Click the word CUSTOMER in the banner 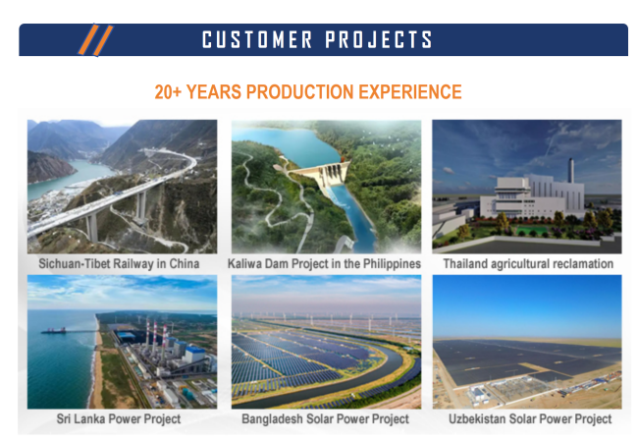point(257,40)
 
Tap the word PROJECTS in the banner point(379,40)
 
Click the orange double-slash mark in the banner point(95,40)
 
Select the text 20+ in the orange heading point(168,92)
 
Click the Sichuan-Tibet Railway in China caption point(119,264)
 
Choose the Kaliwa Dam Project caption point(324,264)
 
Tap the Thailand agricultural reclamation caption point(528,264)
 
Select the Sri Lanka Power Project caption point(119,418)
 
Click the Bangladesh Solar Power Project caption point(325,418)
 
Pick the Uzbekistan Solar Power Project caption point(530,418)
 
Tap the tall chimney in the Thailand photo point(571,170)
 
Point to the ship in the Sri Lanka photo point(54,330)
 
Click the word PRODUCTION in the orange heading point(300,92)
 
